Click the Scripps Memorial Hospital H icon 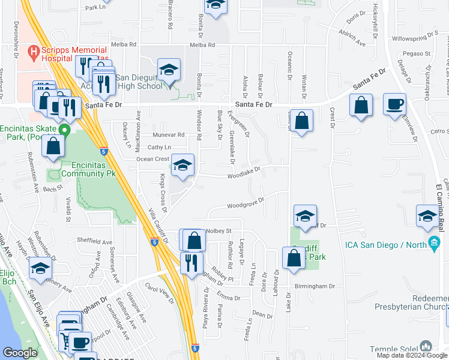coord(35,52)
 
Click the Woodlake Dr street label coord(244,172)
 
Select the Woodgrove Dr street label coord(246,205)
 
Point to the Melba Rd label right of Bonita coord(202,45)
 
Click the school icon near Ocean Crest coord(182,165)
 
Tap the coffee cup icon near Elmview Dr coord(394,103)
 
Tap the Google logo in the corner coord(20,353)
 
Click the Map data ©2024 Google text coord(411,355)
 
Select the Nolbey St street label coord(219,231)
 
